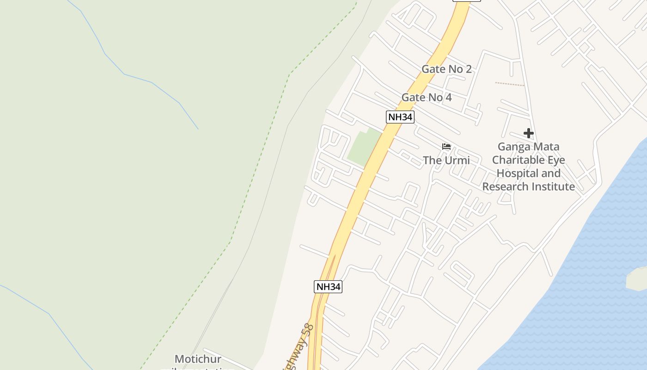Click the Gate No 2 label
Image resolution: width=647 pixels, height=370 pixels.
446,69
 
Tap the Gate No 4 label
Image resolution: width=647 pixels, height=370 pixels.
426,98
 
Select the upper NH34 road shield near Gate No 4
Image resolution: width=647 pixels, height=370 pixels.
400,117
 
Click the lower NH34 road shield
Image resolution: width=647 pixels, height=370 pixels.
328,287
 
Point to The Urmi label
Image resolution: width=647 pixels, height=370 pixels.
446,160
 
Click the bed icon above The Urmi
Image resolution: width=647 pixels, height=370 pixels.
446,147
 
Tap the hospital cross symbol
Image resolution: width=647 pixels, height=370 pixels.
529,134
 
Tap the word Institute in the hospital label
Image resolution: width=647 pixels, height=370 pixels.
553,187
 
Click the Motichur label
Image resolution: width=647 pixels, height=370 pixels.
198,359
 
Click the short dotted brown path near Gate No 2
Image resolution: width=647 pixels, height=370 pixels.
509,84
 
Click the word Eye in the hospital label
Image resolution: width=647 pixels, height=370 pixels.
557,160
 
